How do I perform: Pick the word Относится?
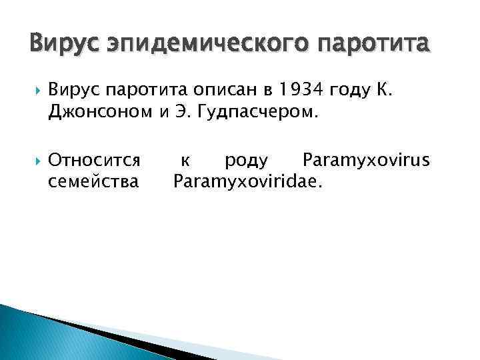[x=94, y=160]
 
